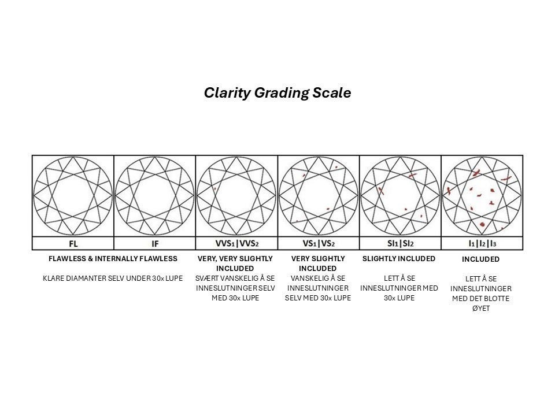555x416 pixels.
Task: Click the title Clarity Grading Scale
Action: [277, 93]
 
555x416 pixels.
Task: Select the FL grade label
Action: [73, 244]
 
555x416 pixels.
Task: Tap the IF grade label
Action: [154, 244]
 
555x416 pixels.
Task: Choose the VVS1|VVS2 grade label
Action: [236, 244]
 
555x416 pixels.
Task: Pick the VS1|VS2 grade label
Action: [319, 244]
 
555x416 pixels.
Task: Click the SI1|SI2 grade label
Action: [400, 244]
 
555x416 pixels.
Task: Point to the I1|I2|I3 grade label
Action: [482, 244]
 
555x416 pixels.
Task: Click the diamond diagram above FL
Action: [73, 195]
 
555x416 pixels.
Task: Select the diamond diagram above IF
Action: [154, 195]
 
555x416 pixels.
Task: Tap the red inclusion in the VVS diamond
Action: [214, 188]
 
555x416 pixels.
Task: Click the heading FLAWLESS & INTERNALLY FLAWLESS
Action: [113, 258]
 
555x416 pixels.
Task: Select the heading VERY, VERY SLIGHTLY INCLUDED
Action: [235, 263]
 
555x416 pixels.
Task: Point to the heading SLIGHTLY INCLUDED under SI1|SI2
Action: [399, 258]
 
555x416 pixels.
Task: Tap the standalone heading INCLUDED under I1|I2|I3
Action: [480, 259]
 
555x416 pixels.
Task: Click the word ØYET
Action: [480, 309]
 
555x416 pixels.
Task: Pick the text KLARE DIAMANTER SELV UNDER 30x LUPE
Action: [113, 278]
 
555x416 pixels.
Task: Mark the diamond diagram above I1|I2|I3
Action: [482, 195]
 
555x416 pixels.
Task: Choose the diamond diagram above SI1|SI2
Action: [400, 195]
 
